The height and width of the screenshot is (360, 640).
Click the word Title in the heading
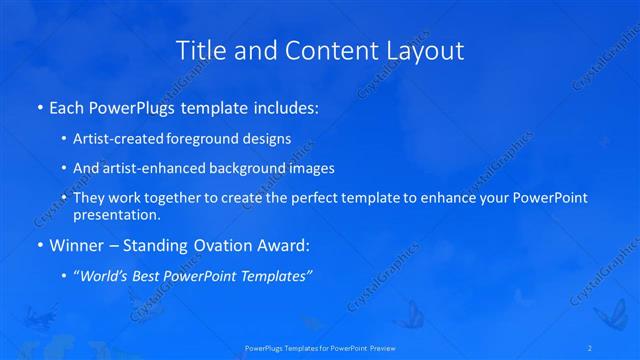coord(199,51)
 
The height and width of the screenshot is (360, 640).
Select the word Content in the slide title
coord(320,51)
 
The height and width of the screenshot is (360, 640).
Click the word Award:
coord(285,245)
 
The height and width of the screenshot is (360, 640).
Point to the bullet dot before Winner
coord(38,245)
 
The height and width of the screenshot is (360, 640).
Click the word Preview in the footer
coord(380,348)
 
